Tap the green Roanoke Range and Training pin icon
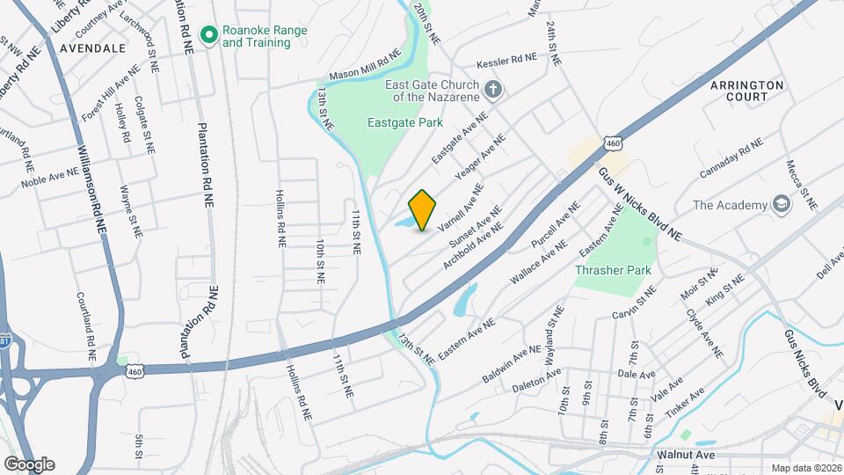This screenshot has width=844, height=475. click(x=209, y=35)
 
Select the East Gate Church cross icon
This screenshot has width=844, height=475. click(x=494, y=89)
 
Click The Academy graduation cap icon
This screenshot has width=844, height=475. click(x=780, y=205)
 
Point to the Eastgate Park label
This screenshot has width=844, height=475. click(x=405, y=123)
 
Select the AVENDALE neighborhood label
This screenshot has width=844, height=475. click(x=93, y=48)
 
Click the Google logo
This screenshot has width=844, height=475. click(x=28, y=464)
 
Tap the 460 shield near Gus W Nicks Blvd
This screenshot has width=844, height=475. click(x=613, y=142)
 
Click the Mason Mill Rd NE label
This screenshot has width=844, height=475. click(x=365, y=67)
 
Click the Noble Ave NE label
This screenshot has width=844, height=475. click(x=50, y=179)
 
